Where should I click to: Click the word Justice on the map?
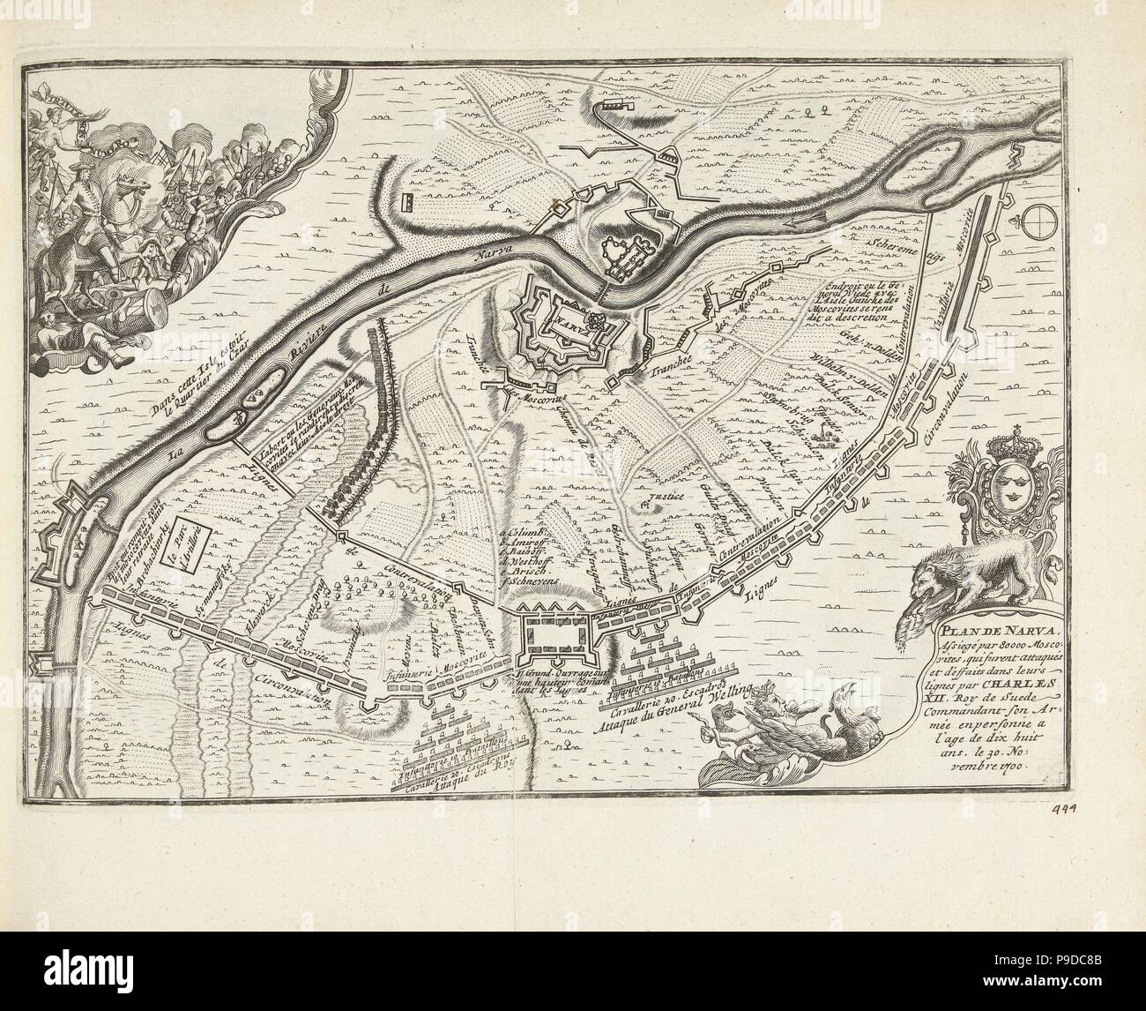[666, 497]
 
